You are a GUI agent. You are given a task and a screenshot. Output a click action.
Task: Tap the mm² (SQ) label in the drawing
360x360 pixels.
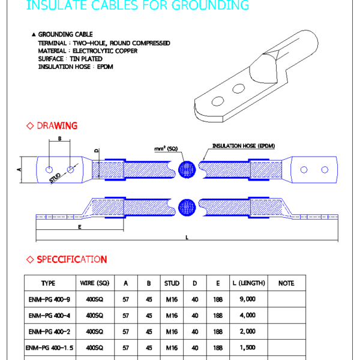166,148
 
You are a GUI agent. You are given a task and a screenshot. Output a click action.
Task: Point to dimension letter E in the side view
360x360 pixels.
79,227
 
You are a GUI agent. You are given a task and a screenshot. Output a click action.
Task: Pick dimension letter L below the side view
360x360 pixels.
187,238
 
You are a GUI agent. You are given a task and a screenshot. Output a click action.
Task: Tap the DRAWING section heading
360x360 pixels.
57,125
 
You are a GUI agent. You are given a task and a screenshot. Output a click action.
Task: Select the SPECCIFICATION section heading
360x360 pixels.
71,259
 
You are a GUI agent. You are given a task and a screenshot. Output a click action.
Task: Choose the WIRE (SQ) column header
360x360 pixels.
94,283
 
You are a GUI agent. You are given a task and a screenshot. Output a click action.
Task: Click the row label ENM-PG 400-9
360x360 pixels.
49,298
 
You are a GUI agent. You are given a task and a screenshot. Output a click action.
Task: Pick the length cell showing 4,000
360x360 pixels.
247,315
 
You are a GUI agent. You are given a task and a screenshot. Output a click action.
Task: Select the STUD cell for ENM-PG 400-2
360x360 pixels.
171,331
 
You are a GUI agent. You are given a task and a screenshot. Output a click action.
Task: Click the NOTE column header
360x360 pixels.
286,283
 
